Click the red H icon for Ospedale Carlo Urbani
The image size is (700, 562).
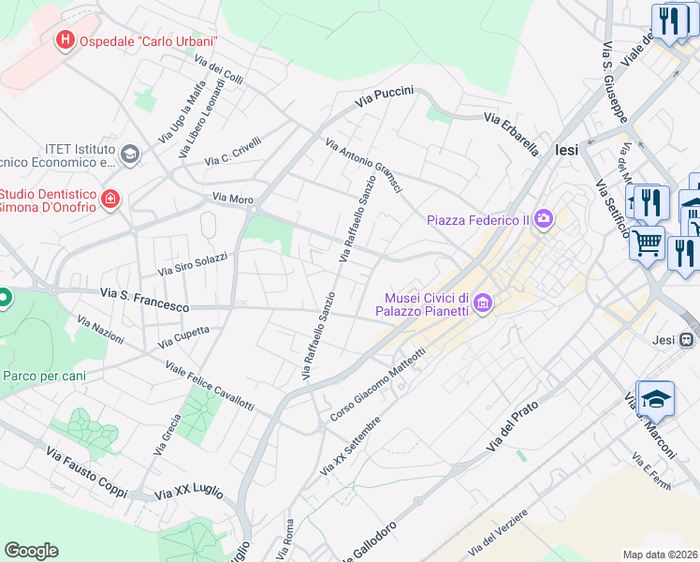point(66,40)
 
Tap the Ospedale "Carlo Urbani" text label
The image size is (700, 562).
point(149,41)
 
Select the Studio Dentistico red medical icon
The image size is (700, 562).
point(110,199)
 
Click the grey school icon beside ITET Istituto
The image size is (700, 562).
point(129,154)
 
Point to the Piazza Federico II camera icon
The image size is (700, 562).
point(544,220)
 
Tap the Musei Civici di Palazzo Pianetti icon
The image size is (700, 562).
point(483,303)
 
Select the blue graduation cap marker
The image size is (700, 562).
point(656,398)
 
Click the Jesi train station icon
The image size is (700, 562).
point(687,339)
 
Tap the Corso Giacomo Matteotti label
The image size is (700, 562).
point(378,384)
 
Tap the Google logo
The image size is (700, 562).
point(31,551)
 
